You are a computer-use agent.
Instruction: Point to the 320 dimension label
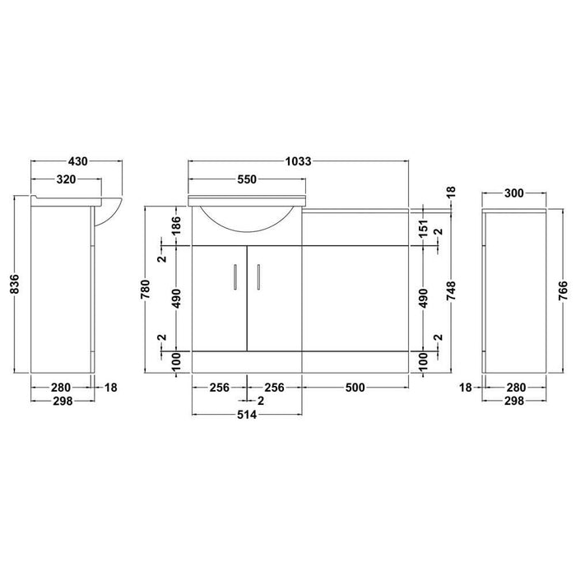pyautogui.click(x=66, y=179)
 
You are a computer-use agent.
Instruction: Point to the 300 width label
pyautogui.click(x=513, y=193)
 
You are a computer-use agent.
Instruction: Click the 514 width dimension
pyautogui.click(x=247, y=416)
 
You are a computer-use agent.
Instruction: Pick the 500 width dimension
pyautogui.click(x=355, y=386)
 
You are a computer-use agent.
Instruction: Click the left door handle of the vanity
pyautogui.click(x=236, y=276)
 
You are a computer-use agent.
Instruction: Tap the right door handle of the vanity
pyautogui.click(x=258, y=276)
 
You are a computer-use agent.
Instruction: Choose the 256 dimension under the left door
pyautogui.click(x=219, y=386)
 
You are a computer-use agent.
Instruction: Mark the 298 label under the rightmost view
pyautogui.click(x=513, y=401)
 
